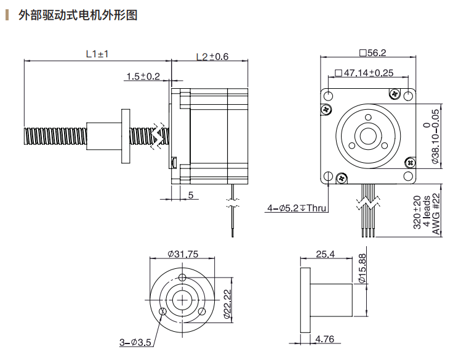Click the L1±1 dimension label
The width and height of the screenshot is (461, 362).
coord(97,54)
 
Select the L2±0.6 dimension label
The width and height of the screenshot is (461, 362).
coord(212,57)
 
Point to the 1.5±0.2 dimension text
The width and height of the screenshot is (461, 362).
coord(142,76)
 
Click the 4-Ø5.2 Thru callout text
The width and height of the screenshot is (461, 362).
coord(296,208)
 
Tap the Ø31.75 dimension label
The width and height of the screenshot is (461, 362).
coord(182,253)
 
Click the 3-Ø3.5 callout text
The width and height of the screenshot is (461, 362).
coord(135,342)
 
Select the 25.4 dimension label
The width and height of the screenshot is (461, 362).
coord(324,253)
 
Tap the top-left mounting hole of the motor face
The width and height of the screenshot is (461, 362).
coord(329,96)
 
